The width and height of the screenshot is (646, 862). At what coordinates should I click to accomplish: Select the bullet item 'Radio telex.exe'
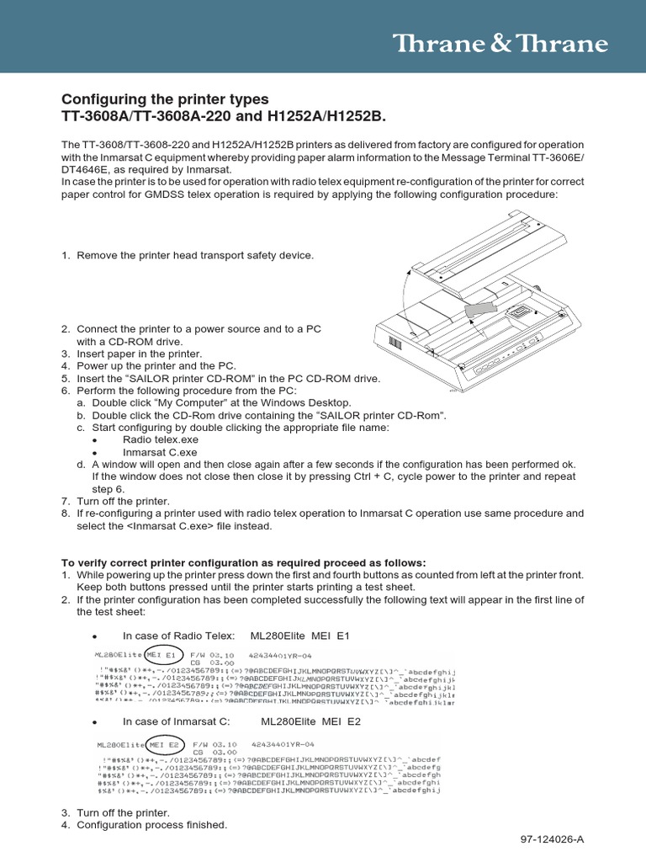coord(161,439)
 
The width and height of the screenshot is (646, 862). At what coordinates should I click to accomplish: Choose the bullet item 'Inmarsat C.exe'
coord(160,452)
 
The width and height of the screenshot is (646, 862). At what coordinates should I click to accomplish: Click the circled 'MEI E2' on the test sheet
coord(166,744)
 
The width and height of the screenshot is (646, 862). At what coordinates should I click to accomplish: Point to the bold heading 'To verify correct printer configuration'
coord(244,562)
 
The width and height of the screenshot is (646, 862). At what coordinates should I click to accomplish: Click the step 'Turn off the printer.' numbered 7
coord(123,501)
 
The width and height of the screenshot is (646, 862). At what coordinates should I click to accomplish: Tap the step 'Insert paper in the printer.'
coord(140,354)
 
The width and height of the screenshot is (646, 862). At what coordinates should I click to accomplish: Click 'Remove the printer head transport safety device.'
coord(195,255)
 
